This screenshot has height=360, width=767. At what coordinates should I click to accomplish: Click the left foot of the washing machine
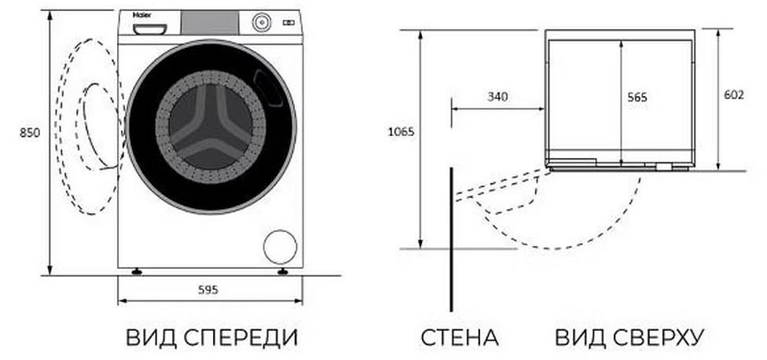coord(138,272)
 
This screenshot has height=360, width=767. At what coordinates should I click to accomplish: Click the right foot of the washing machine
coord(282,272)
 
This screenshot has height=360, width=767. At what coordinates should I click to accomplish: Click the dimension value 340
coord(497,97)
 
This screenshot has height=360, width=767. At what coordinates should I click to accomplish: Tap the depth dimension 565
coord(637,97)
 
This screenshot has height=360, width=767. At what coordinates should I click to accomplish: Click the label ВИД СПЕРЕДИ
coord(212,338)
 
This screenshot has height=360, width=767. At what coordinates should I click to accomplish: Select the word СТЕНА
coord(461,338)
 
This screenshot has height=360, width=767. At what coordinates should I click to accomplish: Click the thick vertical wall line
coord(451,236)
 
